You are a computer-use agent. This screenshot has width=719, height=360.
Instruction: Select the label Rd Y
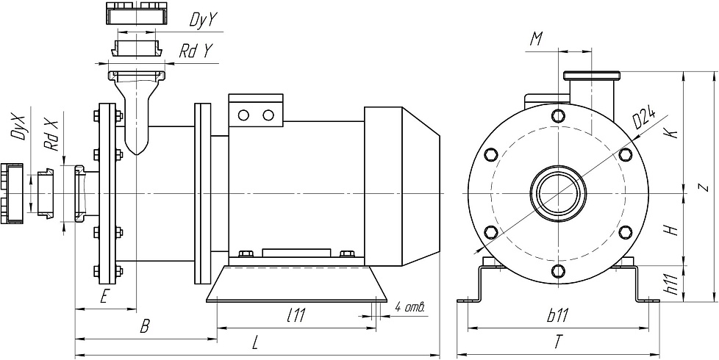(197, 51)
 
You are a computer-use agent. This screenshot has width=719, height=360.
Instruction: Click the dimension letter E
(104, 297)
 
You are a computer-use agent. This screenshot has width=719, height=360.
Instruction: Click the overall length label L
(255, 343)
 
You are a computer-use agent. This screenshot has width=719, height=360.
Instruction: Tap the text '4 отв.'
(410, 306)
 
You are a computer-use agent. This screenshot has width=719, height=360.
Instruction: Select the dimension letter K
(670, 132)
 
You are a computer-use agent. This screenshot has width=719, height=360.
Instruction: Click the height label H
(670, 230)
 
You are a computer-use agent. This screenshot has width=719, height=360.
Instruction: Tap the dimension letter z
(703, 186)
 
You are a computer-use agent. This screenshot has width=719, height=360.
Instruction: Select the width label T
(559, 342)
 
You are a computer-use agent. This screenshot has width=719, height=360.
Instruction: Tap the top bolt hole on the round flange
(559, 115)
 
